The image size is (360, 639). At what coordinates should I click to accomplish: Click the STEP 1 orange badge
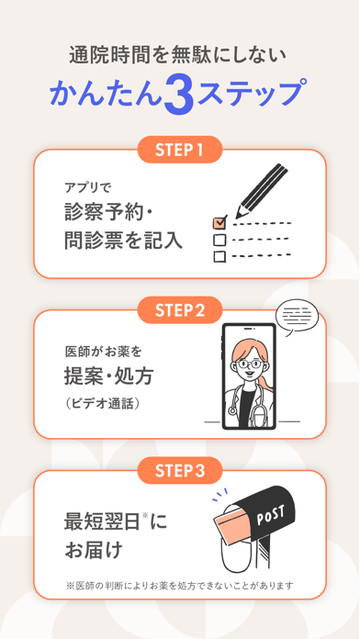(180, 150)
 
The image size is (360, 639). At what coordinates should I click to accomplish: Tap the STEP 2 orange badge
(180, 310)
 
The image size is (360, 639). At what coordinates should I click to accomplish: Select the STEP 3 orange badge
(180, 471)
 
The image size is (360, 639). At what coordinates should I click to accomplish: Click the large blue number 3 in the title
(179, 94)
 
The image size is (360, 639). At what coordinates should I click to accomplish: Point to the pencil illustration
(262, 191)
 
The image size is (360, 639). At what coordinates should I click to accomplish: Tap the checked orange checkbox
(219, 222)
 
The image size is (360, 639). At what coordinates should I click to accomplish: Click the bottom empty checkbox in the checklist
(219, 256)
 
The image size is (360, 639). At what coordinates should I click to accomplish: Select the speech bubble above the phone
(296, 318)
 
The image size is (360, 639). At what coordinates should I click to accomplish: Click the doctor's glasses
(249, 364)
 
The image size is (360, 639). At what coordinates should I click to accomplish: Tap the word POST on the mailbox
(270, 516)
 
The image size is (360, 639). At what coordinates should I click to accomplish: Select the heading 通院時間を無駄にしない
(177, 56)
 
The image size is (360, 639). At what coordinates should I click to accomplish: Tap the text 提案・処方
(108, 377)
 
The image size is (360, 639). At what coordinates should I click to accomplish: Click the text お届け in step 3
(94, 550)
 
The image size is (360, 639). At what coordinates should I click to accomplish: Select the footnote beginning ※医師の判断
(180, 586)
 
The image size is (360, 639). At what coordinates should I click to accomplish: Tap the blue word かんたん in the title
(106, 94)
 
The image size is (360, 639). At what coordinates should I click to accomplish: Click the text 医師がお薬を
(103, 352)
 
